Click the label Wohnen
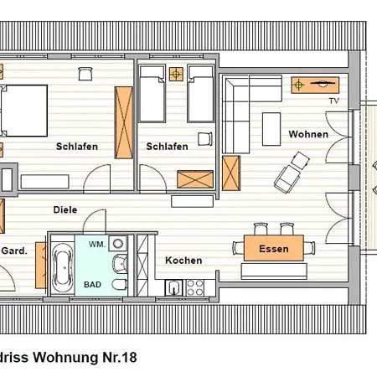[x=308, y=134]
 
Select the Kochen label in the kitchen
[x=183, y=261]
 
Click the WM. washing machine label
[x=97, y=245]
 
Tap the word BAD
[x=92, y=285]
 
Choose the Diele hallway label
[x=65, y=210]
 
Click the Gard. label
[x=15, y=250]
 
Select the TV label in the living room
[x=333, y=101]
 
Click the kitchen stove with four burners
[x=195, y=288]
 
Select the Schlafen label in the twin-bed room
[x=167, y=147]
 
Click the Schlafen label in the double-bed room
[x=77, y=147]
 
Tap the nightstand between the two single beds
[x=176, y=75]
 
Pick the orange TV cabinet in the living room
[x=315, y=84]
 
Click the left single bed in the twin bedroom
[x=152, y=95]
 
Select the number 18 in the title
[x=127, y=356]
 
